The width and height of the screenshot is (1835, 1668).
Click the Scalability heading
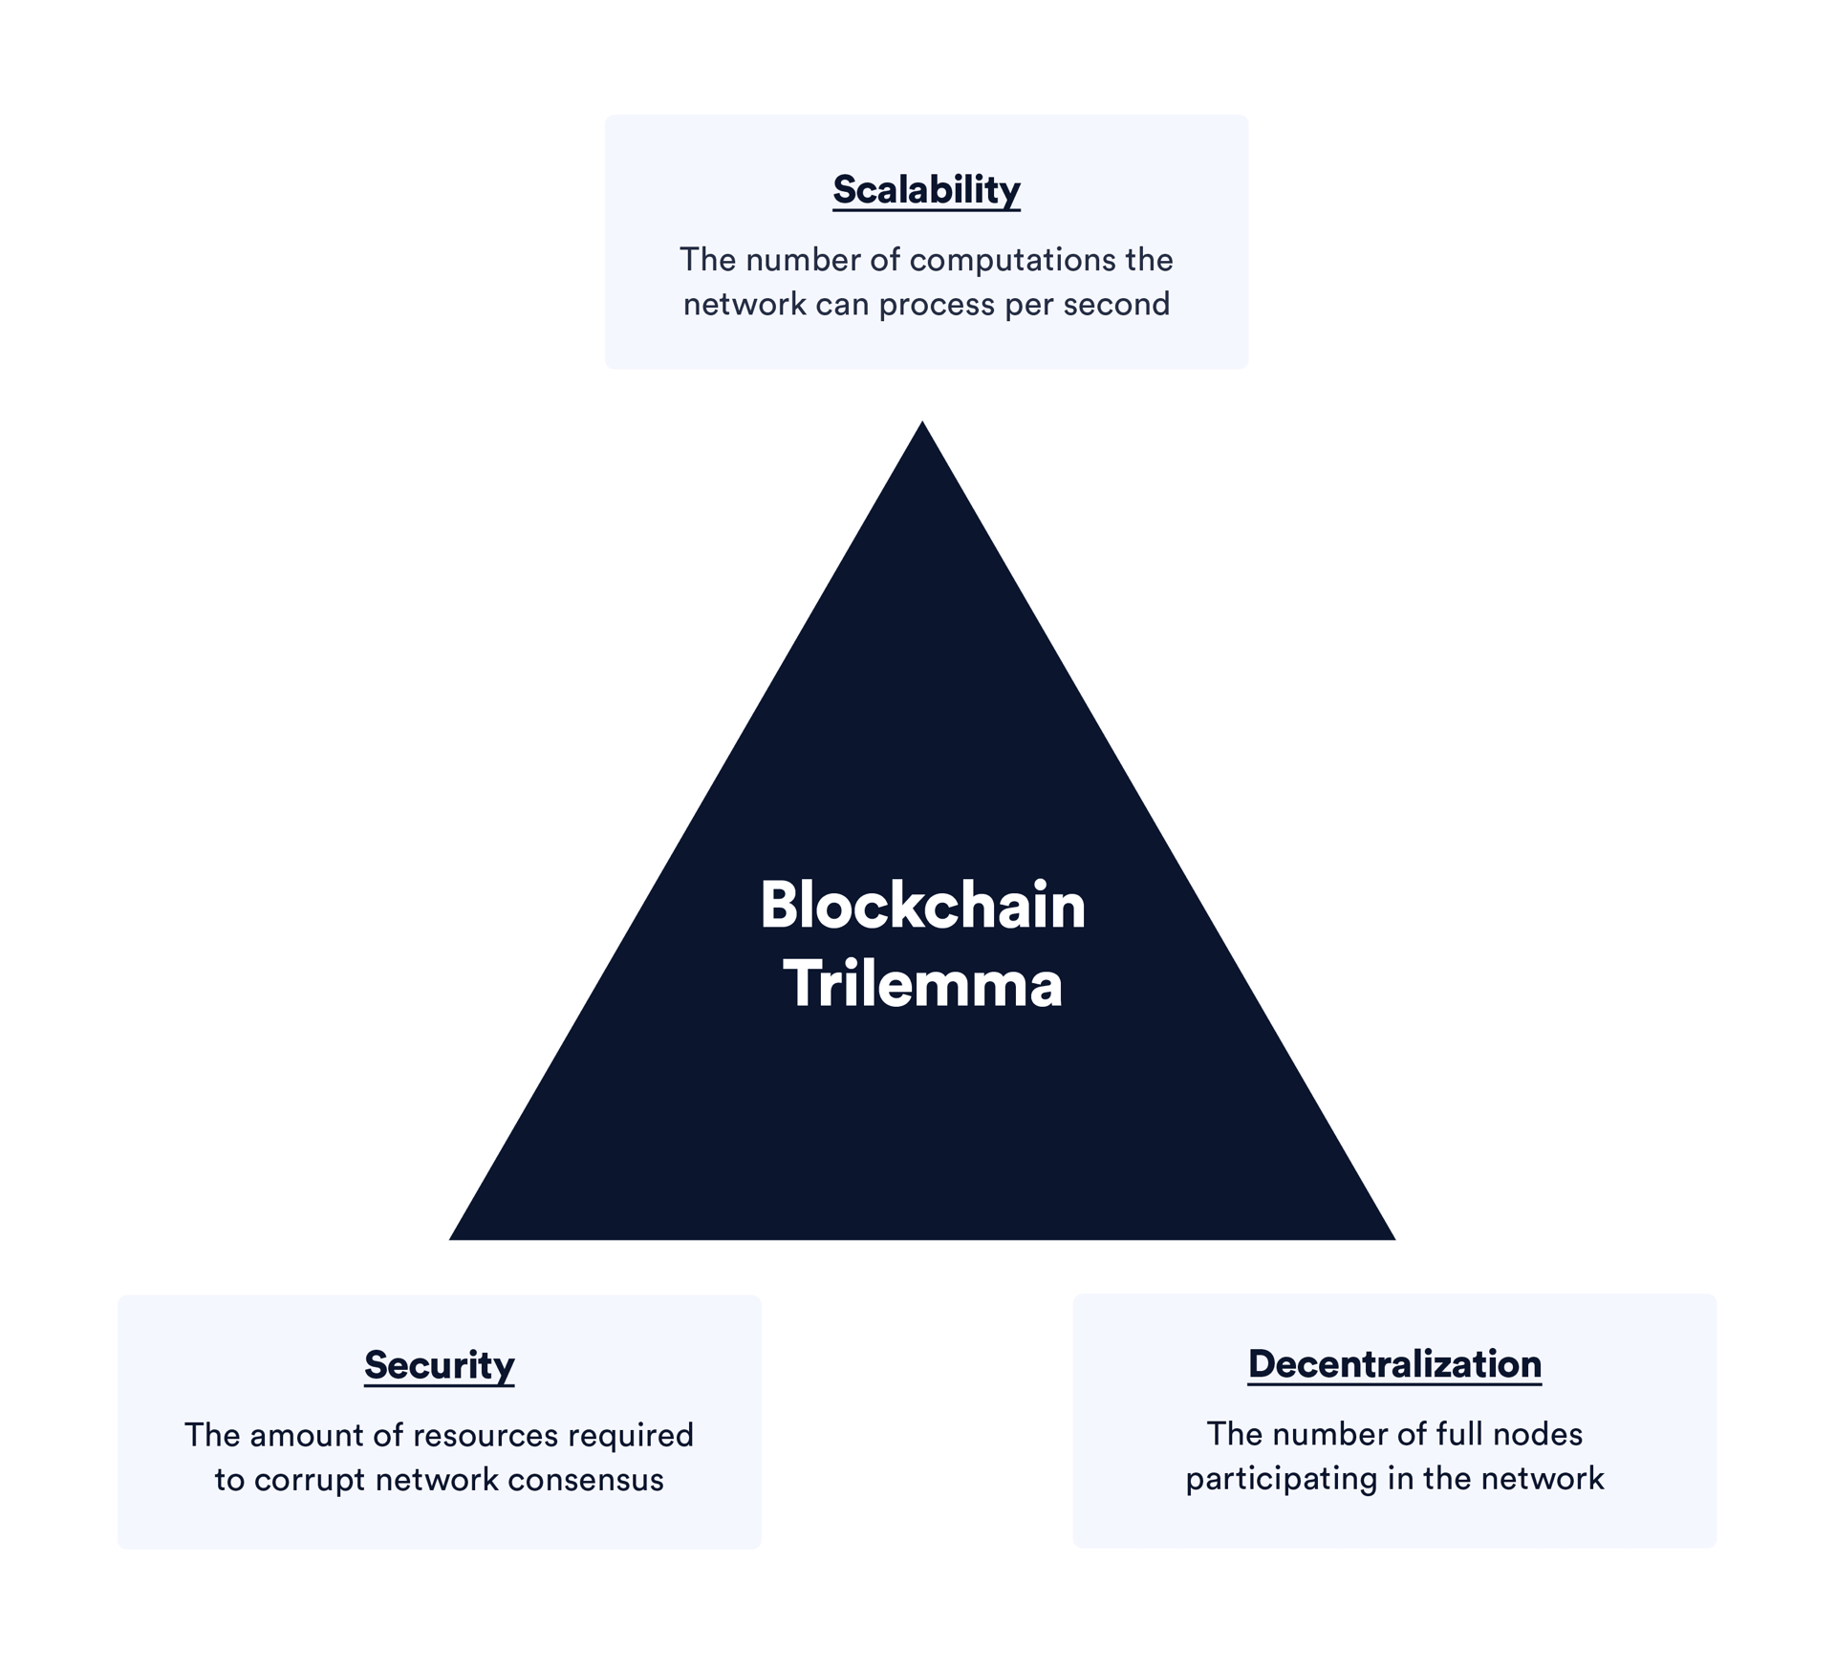926,189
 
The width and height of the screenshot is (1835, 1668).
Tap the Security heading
439,1364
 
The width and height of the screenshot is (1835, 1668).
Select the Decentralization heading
1394,1363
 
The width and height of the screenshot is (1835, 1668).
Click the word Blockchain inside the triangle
922,905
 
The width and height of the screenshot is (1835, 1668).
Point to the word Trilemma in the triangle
922,984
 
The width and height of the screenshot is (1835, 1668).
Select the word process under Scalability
937,306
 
